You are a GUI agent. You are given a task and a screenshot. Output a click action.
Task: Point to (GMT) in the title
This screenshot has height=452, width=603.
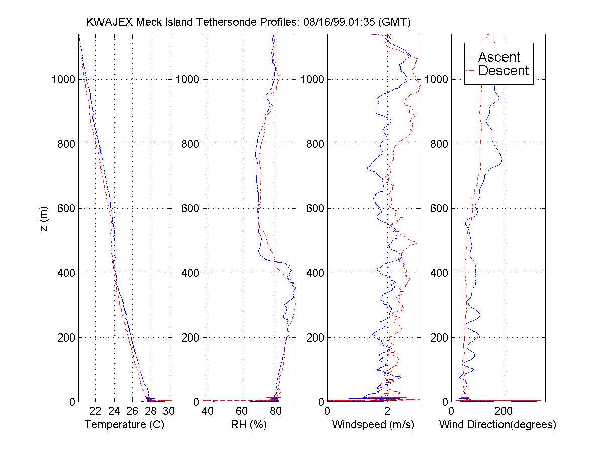coord(394,22)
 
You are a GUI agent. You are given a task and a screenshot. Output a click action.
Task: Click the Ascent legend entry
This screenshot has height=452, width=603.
coord(499,57)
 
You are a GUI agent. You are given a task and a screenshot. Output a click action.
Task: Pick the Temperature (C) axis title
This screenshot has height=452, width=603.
coord(125,425)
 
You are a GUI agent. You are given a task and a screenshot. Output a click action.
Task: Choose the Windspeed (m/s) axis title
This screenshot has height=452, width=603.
coord(373,425)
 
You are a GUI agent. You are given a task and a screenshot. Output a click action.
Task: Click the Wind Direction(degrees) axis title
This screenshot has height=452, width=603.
coord(497,425)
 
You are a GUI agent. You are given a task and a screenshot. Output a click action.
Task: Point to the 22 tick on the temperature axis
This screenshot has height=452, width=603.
coord(95,411)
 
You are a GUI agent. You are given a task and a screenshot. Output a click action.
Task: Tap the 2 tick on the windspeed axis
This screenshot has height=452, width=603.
coord(387,411)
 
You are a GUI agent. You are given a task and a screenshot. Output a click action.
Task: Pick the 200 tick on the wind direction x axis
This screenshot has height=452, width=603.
coord(504,411)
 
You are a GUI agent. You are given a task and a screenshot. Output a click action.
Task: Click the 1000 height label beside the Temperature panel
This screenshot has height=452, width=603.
coord(63,80)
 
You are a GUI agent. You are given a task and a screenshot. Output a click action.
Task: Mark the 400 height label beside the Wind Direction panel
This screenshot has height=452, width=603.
coord(439,273)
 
